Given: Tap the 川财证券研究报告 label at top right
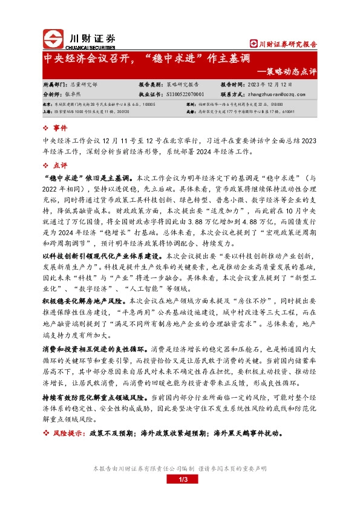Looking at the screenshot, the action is pos(284,44).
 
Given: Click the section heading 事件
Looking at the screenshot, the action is pos(60,129).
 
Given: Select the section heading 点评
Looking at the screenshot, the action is pos(60,165).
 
